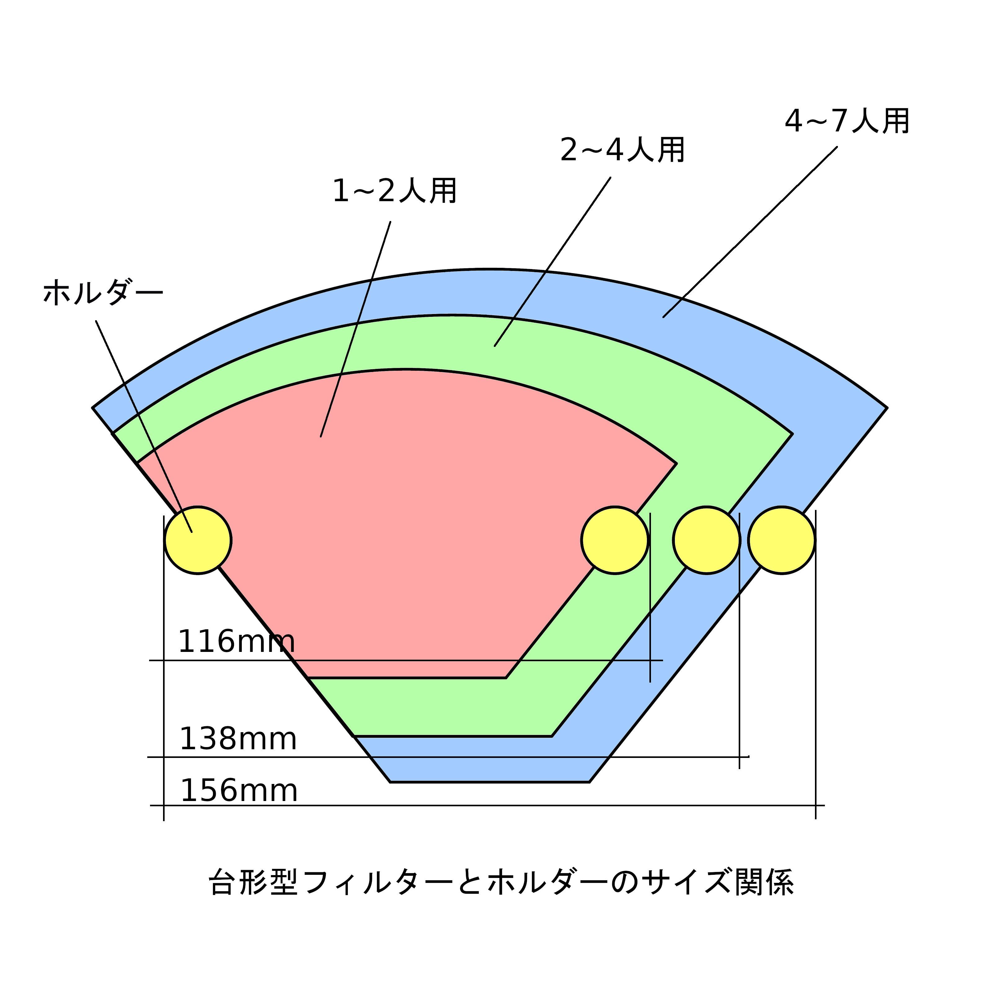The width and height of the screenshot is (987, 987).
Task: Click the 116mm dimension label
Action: pos(236,642)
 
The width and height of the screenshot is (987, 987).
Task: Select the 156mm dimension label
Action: pos(239,791)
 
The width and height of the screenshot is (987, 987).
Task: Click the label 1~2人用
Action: pos(394,191)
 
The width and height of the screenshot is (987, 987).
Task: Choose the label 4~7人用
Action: pos(847,122)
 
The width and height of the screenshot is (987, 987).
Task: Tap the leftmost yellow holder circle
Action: pos(198,541)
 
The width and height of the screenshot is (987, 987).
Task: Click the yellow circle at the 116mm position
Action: pos(615,541)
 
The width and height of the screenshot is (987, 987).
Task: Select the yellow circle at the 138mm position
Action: pos(706,541)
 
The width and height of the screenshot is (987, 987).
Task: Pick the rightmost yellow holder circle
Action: pos(781,541)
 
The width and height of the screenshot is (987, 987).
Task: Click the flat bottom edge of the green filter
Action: pos(453,736)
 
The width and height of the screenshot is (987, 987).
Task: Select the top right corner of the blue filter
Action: pos(886,408)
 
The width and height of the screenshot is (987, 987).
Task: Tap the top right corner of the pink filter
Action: pos(676,464)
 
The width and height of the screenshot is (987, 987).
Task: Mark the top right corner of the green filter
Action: pos(792,434)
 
